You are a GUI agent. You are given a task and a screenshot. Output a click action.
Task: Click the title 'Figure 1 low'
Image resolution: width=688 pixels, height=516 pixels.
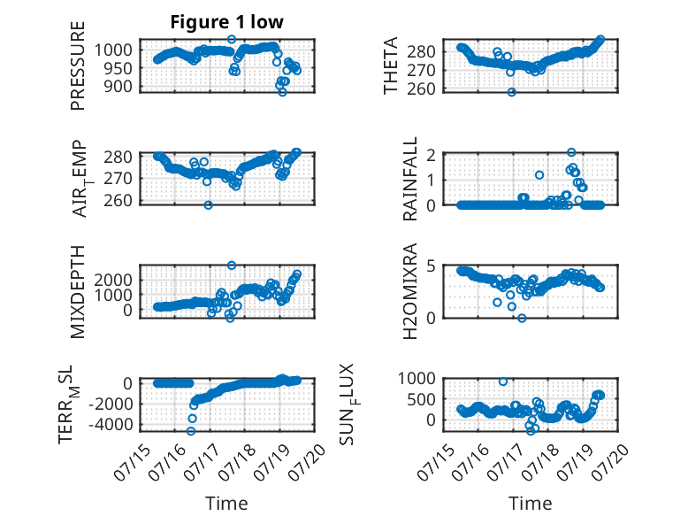227,22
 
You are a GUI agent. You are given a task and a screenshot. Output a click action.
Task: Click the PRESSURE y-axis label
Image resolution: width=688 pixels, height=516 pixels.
77,65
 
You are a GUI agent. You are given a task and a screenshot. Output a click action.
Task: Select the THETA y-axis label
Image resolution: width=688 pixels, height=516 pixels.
390,65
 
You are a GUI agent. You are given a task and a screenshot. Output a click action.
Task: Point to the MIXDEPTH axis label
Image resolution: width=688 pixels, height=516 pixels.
77,291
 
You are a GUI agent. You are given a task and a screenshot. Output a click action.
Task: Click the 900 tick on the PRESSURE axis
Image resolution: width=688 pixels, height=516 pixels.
117,87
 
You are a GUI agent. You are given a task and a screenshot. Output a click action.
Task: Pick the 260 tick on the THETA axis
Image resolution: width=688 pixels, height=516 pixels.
421,89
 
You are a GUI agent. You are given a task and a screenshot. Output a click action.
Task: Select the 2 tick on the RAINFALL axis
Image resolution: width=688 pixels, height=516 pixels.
431,155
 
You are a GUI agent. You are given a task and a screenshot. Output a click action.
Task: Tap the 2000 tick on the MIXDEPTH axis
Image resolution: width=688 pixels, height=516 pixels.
113,280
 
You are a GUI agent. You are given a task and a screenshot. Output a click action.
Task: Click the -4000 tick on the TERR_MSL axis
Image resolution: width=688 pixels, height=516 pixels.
111,425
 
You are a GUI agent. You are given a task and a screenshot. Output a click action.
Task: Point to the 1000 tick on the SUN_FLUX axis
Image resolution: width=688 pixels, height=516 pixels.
417,378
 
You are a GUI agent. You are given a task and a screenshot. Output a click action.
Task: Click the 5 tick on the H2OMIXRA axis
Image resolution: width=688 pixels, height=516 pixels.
431,266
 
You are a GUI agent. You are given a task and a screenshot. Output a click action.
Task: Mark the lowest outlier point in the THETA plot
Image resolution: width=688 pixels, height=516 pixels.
512,92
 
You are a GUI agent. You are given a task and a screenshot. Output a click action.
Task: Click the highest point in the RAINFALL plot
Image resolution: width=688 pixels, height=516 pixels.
571,152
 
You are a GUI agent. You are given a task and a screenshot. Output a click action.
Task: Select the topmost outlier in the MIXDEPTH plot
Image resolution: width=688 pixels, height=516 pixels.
232,266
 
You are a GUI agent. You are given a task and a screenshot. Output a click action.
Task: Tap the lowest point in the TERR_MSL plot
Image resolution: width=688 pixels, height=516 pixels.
190,431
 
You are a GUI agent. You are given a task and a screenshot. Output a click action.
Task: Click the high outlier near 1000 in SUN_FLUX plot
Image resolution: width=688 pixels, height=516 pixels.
503,381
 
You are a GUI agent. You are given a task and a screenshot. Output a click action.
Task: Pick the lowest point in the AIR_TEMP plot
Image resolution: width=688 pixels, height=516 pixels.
209,205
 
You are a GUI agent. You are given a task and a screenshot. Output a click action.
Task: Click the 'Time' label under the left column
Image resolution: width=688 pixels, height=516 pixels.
226,504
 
